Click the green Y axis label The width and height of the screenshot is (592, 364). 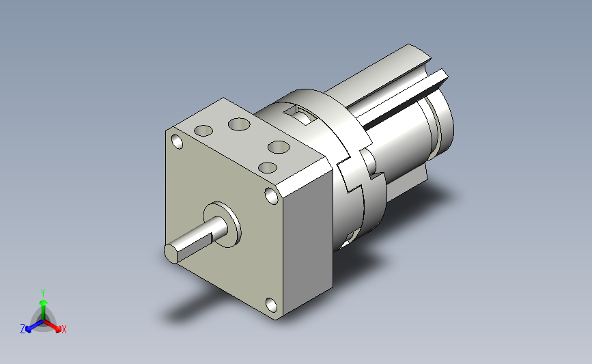click(42, 293)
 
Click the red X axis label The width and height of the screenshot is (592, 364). click(64, 329)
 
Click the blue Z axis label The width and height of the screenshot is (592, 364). click(23, 329)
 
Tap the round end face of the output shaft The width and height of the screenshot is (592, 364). click(171, 253)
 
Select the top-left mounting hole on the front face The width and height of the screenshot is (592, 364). click(177, 141)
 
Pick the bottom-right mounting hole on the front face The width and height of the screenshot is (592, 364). click(271, 304)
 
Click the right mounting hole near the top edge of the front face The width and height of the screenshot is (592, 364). click(272, 195)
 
